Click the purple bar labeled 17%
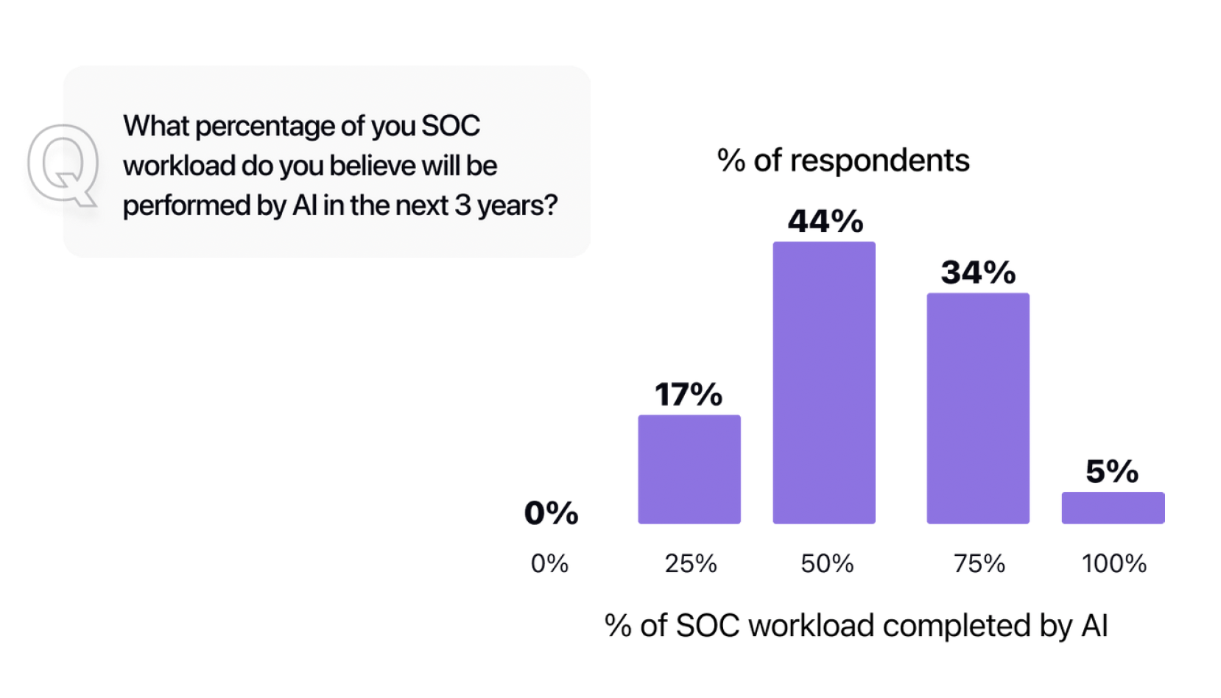[x=689, y=469]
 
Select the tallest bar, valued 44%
[x=823, y=382]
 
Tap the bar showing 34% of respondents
[x=977, y=408]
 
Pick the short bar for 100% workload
[x=1112, y=507]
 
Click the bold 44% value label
[x=825, y=221]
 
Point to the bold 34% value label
[x=978, y=272]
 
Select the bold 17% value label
[x=689, y=395]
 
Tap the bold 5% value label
[x=1112, y=471]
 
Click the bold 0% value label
[x=551, y=512]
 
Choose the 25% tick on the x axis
[x=690, y=563]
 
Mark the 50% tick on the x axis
[x=826, y=563]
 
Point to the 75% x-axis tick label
[x=979, y=563]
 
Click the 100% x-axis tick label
[x=1113, y=563]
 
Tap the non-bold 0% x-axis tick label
[x=549, y=563]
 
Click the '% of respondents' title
[x=842, y=160]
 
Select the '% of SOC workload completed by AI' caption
[x=856, y=626]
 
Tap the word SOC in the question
[x=450, y=126]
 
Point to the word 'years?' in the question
[x=517, y=205]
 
